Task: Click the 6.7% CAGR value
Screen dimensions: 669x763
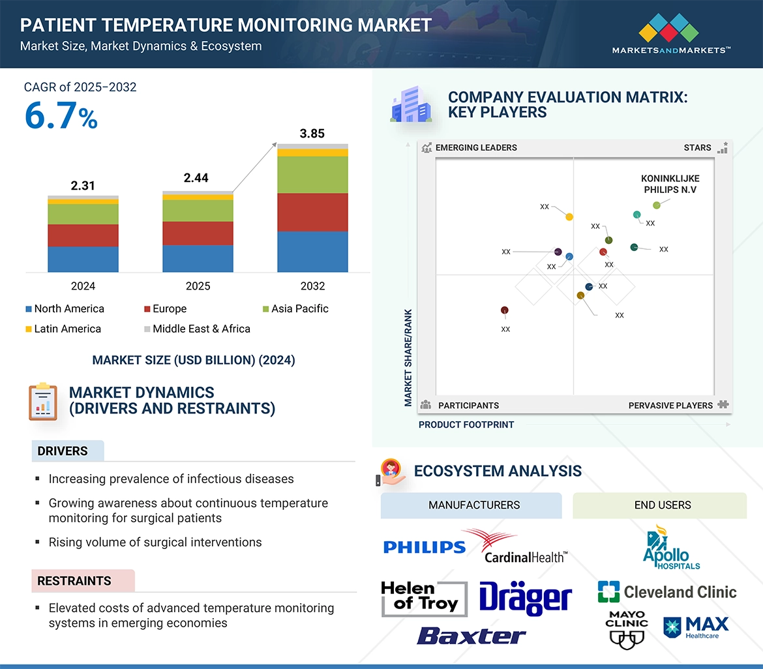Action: coord(61,117)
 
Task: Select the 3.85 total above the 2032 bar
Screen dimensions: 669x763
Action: coord(312,134)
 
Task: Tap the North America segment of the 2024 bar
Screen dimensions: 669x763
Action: coord(83,259)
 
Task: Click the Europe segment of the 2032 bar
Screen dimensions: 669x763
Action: coord(312,212)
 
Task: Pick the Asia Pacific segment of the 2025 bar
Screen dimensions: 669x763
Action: coord(198,210)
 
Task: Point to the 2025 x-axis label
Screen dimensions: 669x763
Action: coord(198,286)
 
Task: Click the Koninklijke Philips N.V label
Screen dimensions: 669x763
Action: coord(670,184)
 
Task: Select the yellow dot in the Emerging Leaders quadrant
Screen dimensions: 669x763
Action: coord(569,216)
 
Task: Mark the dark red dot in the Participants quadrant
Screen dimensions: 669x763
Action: coord(504,310)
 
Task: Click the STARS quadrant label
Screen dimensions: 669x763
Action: coord(697,147)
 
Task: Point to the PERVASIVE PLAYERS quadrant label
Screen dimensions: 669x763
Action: coord(670,405)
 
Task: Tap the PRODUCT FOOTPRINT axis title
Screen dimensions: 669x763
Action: coord(466,424)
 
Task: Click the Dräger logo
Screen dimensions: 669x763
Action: coord(525,597)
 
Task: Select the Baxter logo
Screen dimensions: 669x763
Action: coord(471,635)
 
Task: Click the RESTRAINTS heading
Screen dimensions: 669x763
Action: coord(74,580)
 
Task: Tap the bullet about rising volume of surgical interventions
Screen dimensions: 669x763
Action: coord(155,542)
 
